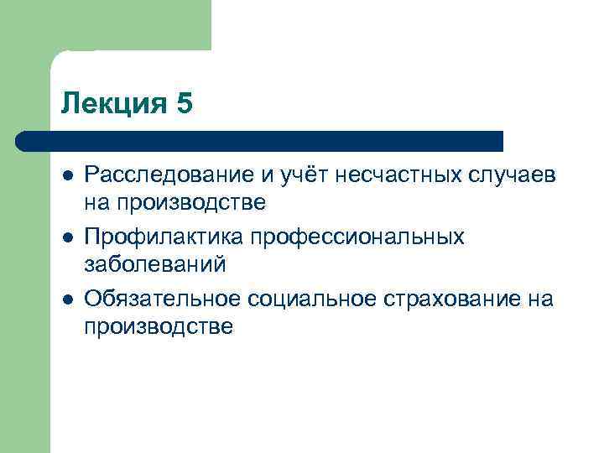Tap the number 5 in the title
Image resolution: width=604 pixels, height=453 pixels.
[184, 103]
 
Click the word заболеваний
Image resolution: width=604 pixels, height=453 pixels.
[154, 266]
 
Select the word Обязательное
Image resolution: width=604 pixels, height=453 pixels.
[161, 299]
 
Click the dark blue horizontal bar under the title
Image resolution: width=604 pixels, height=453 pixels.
[260, 140]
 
